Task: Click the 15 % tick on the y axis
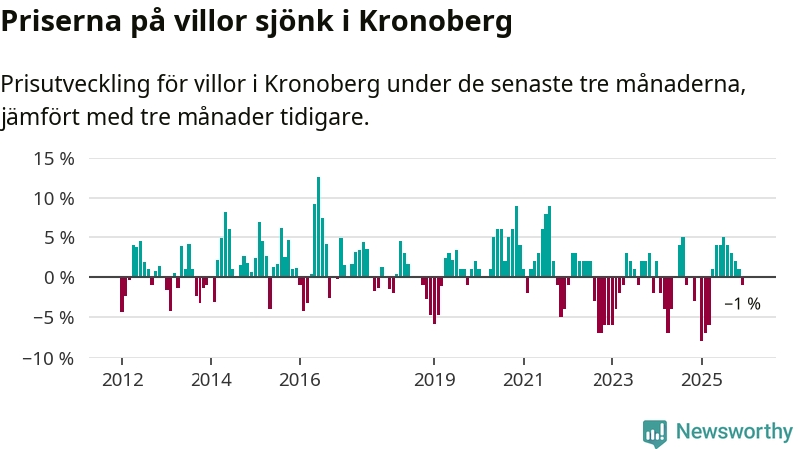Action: click(x=54, y=158)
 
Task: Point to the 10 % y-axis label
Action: click(x=54, y=198)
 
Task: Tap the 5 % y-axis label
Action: click(x=59, y=237)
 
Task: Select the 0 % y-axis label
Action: click(x=59, y=277)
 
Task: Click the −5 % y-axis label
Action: click(x=54, y=317)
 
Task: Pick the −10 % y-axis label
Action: click(x=49, y=357)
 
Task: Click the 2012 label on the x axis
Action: click(x=122, y=379)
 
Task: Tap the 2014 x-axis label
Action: click(x=210, y=379)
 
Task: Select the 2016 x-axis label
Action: click(x=300, y=379)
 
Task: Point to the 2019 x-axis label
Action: click(x=434, y=379)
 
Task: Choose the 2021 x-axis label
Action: click(x=523, y=379)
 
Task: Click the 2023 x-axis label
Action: click(x=612, y=379)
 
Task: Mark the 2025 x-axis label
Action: click(x=701, y=379)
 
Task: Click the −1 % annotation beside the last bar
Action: click(x=742, y=304)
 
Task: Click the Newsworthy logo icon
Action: click(x=655, y=432)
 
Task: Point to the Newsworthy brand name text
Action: click(x=734, y=432)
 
